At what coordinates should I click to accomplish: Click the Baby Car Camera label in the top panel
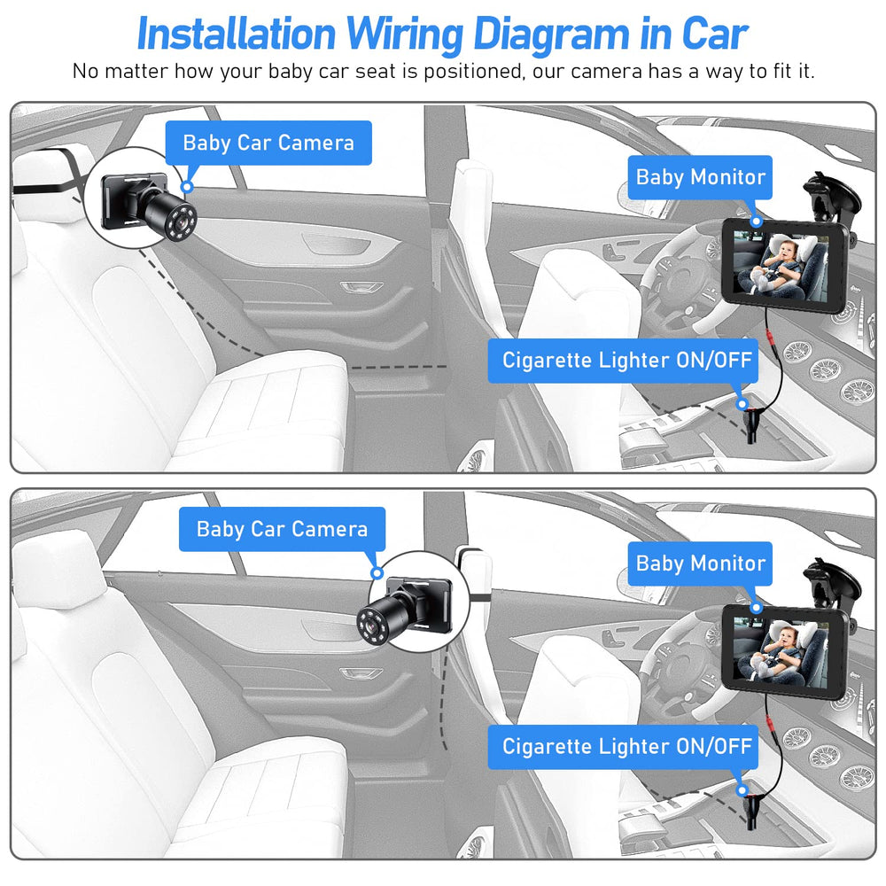pyautogui.click(x=268, y=144)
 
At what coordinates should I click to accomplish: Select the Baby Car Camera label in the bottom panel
pyautogui.click(x=282, y=530)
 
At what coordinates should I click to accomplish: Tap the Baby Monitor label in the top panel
pyautogui.click(x=700, y=177)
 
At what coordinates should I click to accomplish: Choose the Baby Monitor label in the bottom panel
pyautogui.click(x=700, y=563)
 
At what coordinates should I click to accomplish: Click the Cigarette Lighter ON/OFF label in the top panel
pyautogui.click(x=626, y=361)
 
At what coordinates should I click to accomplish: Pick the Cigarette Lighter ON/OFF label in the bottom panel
pyautogui.click(x=626, y=746)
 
